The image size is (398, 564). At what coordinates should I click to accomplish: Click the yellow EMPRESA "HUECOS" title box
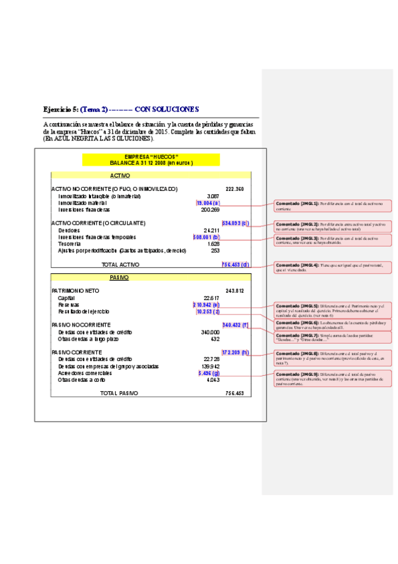[x=151, y=160]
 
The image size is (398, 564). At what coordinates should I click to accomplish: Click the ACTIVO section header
[x=120, y=175]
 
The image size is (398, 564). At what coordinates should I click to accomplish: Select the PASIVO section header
[x=120, y=277]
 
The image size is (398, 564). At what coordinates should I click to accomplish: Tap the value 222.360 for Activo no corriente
[x=235, y=189]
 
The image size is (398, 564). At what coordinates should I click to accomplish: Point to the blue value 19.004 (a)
[x=208, y=203]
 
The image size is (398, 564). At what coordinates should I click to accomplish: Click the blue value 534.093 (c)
[x=235, y=223]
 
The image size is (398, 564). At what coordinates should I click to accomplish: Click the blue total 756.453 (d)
[x=235, y=264]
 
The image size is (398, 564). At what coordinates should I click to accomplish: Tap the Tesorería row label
[x=70, y=244]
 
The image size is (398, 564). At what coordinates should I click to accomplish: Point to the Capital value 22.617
[x=211, y=298]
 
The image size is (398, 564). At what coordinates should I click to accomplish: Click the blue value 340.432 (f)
[x=235, y=325]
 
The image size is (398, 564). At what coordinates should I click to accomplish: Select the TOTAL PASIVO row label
[x=120, y=393]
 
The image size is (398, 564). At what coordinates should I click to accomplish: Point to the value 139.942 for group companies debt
[x=210, y=366]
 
